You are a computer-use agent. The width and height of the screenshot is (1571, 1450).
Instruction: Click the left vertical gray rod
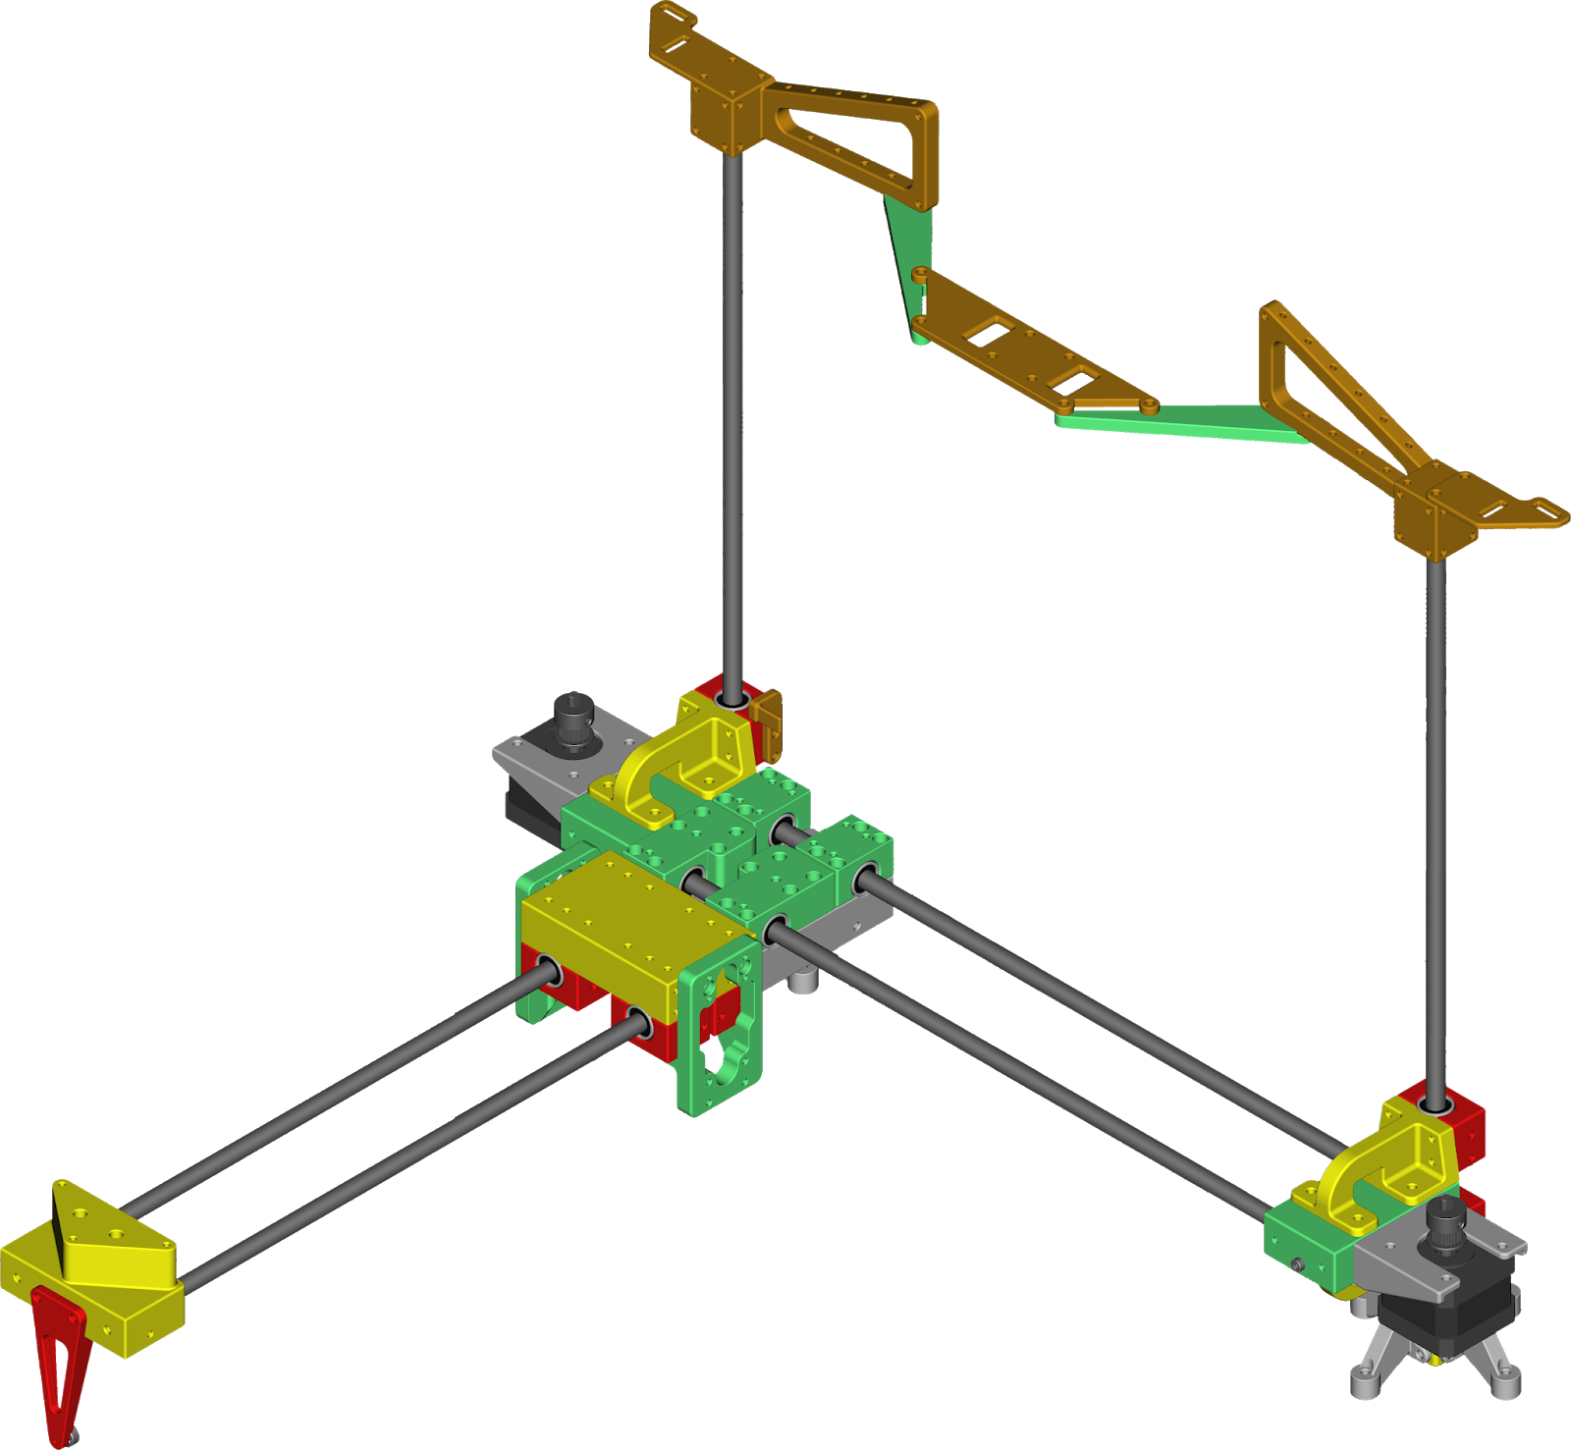click(732, 412)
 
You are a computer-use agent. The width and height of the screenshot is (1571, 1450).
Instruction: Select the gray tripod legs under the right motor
click(1434, 1369)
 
